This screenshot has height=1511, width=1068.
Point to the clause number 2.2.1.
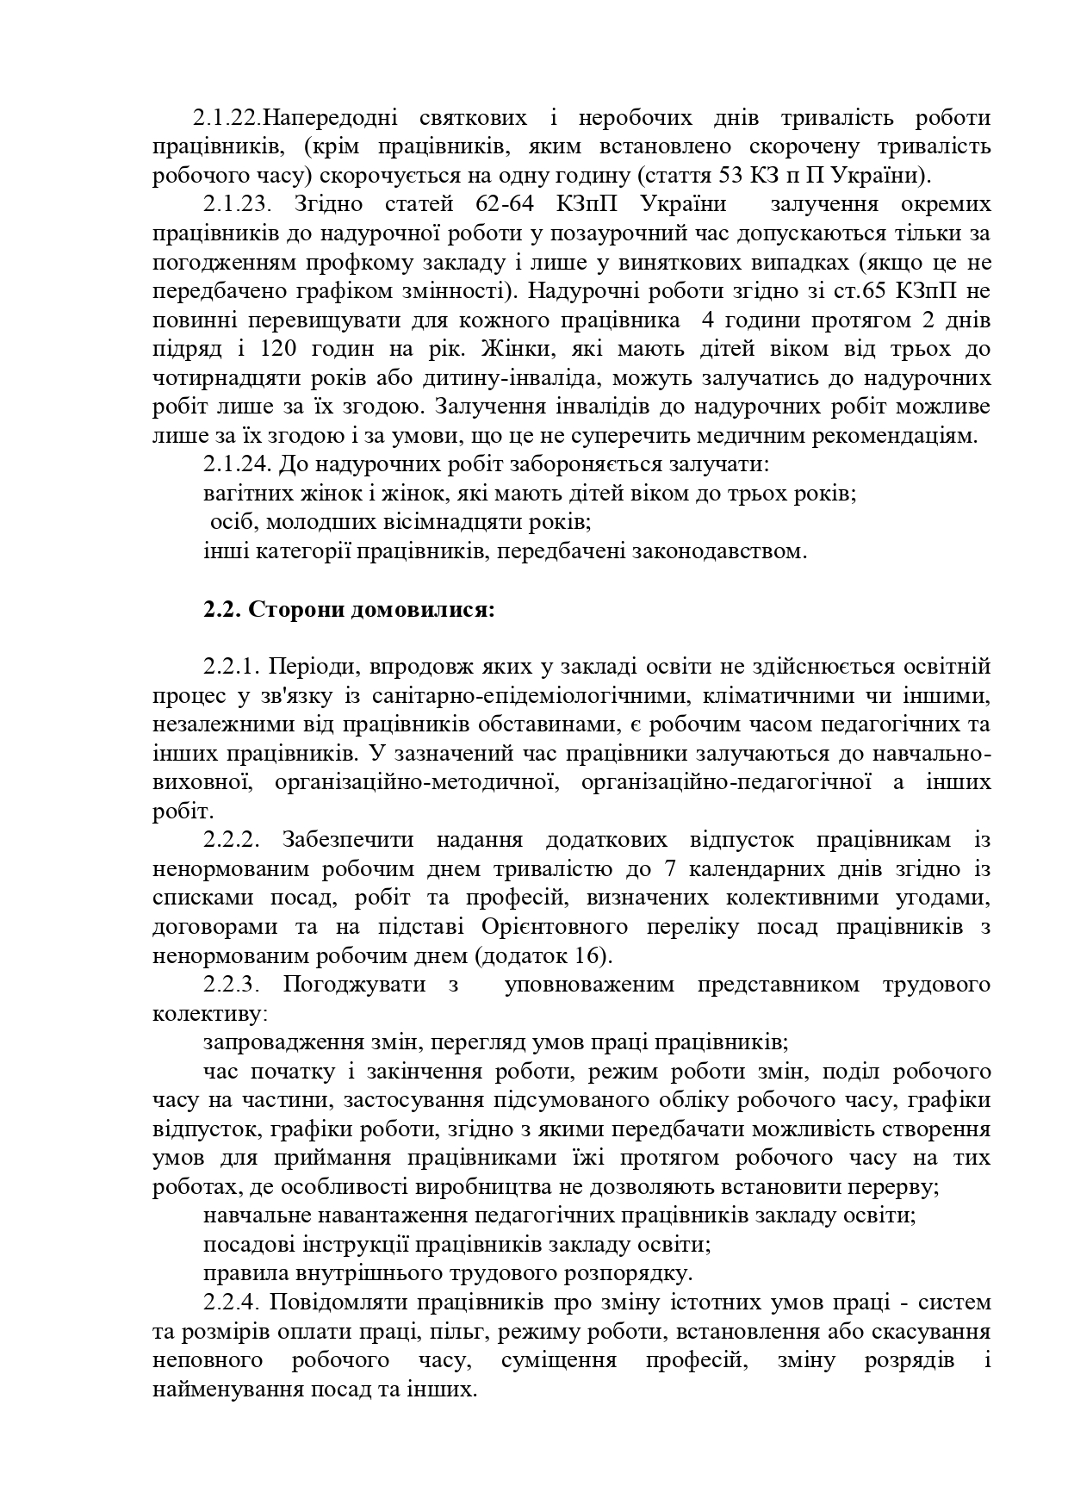[x=232, y=666]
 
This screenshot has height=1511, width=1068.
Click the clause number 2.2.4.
[x=233, y=1302]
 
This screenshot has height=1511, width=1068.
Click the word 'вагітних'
[x=242, y=494]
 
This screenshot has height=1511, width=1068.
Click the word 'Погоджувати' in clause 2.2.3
[x=353, y=984]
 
